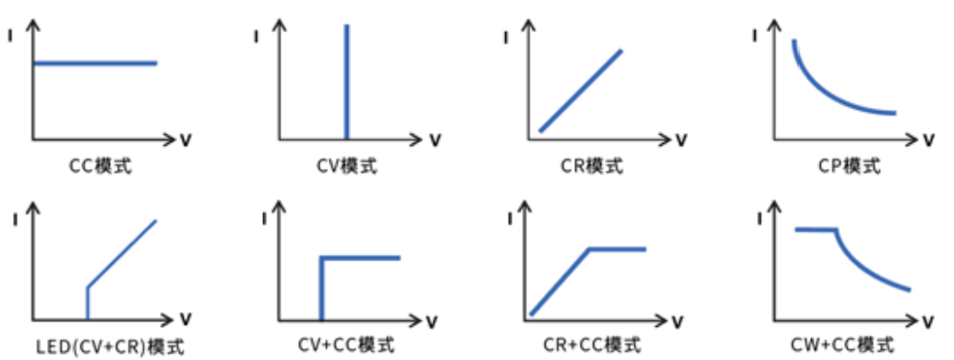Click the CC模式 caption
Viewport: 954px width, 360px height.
pos(102,165)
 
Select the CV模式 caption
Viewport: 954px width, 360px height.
pos(347,165)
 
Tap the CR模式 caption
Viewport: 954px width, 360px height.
pos(593,165)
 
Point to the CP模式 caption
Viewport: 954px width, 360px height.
pos(850,165)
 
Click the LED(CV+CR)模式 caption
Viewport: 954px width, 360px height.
pos(110,347)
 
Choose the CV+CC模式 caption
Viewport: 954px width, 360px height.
pos(347,345)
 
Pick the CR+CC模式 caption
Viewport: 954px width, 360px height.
pos(592,345)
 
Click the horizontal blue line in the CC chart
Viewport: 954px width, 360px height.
pos(95,63)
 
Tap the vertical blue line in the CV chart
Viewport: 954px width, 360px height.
pos(346,81)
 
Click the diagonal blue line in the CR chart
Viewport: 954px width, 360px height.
pos(581,90)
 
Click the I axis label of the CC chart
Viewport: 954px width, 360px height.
pos(10,35)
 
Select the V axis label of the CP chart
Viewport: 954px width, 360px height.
pos(928,140)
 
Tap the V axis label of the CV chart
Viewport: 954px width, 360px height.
pos(435,140)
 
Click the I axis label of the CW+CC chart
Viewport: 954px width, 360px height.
pos(759,218)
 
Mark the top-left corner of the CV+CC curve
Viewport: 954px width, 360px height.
pos(322,258)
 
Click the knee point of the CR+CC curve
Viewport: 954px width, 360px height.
pos(589,248)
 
